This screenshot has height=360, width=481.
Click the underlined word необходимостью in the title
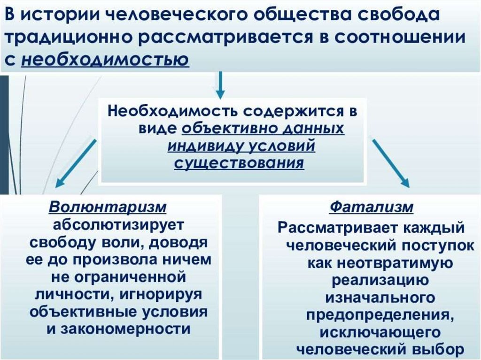tap(105, 60)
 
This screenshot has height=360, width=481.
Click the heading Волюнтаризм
tap(108, 207)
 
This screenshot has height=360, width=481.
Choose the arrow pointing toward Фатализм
tap(391, 162)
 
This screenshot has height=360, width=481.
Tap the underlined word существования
tap(239, 163)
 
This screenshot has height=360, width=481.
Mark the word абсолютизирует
tap(120, 224)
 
